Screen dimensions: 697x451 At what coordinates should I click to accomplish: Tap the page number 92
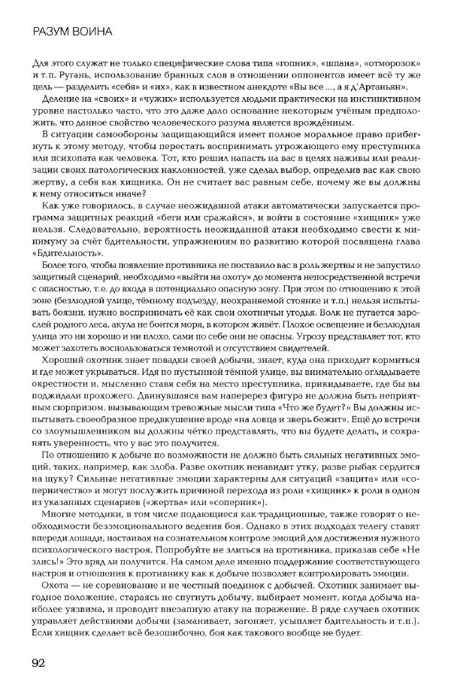(x=41, y=662)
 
